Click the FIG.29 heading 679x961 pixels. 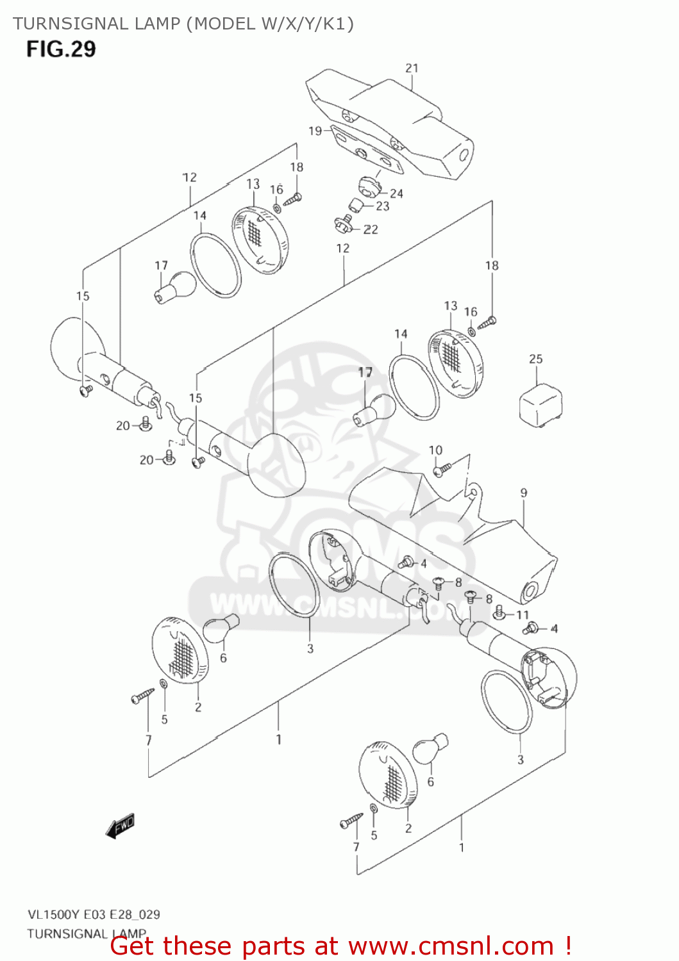(x=61, y=49)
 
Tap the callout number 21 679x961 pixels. (x=412, y=68)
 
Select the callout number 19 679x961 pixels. (x=315, y=131)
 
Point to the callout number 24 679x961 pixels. (x=396, y=193)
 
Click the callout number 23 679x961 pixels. (x=382, y=206)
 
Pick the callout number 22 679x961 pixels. (x=371, y=229)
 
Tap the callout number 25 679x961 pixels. (x=535, y=359)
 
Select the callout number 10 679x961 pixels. (x=435, y=450)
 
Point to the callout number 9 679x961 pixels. (x=524, y=493)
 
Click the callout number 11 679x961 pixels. (x=523, y=615)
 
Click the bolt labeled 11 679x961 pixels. (x=499, y=613)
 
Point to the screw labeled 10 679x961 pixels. (x=442, y=469)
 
